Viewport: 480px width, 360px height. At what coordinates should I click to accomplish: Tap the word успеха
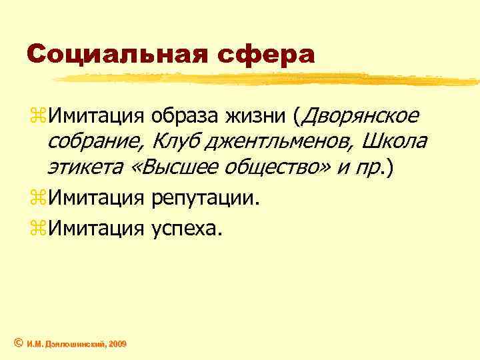coord(188,229)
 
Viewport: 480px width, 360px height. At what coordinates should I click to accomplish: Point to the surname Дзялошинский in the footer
coord(73,343)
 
